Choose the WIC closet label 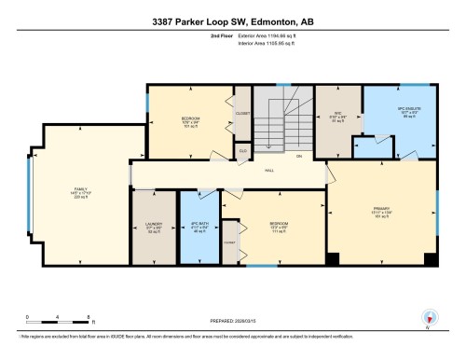[340, 118]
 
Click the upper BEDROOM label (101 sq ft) [191, 119]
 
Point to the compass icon [429, 318]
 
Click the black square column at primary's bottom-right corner [428, 258]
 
